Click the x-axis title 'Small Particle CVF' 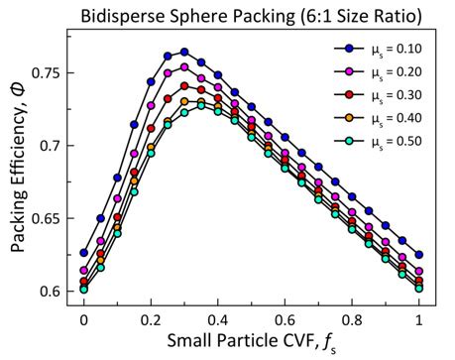pos(252,342)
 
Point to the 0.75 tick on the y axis pos(45,73)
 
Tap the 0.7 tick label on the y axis pos(49,146)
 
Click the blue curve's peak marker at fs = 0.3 pos(184,52)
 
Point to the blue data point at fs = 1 pos(419,255)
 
